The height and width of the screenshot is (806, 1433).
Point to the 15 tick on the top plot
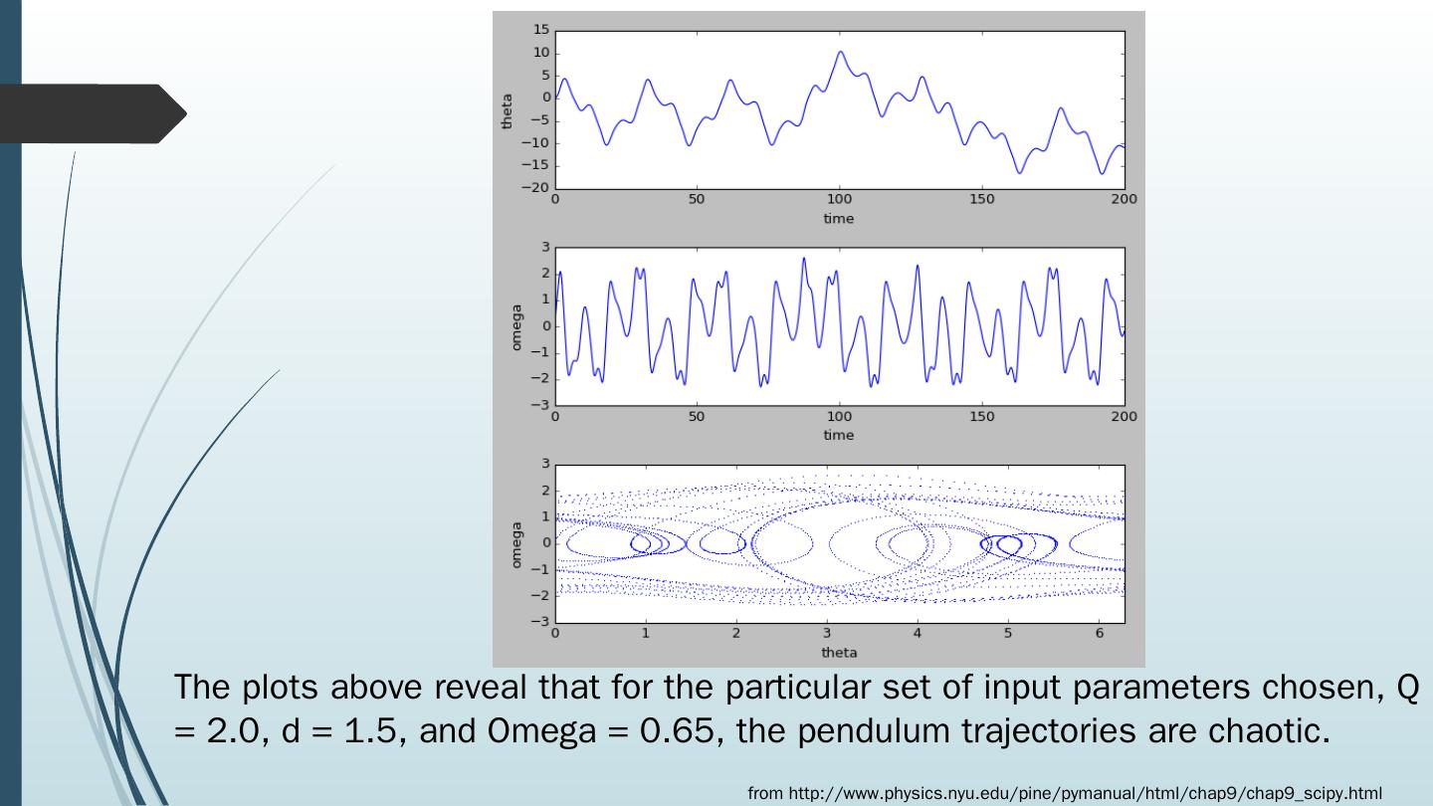click(541, 31)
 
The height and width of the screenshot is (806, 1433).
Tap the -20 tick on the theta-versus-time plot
click(538, 188)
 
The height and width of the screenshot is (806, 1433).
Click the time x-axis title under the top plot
click(838, 219)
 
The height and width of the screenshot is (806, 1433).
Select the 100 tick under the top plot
click(840, 200)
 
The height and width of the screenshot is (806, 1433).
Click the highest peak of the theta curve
click(841, 52)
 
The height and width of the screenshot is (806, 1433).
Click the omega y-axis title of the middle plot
click(516, 326)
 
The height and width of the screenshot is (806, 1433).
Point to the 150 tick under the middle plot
click(982, 416)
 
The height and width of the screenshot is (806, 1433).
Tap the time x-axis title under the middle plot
click(838, 435)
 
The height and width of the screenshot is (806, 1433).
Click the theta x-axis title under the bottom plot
click(838, 653)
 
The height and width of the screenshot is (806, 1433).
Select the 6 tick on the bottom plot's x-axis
click(1100, 634)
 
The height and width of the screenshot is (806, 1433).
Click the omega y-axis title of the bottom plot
click(516, 543)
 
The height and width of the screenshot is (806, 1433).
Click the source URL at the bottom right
click(1064, 793)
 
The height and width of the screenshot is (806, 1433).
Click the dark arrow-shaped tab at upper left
click(95, 113)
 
